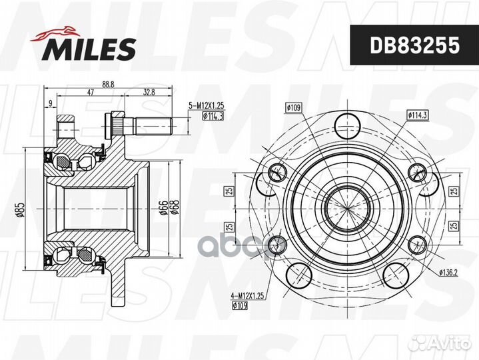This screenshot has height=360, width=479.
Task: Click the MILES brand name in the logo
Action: tap(91, 49)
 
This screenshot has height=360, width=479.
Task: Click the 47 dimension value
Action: tap(89, 93)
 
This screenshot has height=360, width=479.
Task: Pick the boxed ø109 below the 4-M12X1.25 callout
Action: tap(240, 307)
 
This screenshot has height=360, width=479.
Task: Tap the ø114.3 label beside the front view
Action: tap(417, 115)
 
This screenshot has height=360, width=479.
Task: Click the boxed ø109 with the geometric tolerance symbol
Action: tap(294, 107)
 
